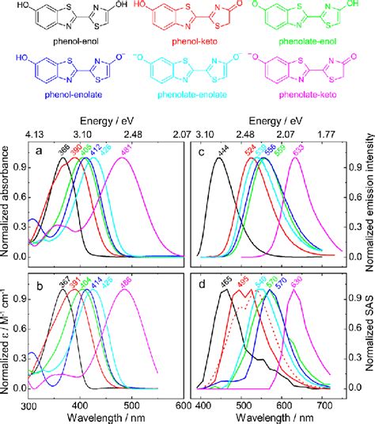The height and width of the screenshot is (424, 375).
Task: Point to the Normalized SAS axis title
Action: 366,327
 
